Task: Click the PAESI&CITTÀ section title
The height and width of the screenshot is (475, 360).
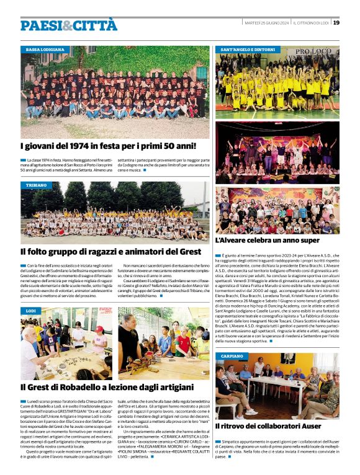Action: [68, 25]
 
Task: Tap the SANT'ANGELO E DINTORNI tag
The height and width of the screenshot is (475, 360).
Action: [248, 49]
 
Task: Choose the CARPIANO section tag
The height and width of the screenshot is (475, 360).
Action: [232, 357]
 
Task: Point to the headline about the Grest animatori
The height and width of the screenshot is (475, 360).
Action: [110, 252]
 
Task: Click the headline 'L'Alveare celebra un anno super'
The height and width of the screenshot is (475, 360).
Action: [267, 240]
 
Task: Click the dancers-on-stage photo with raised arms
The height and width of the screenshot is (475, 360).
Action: [277, 152]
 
